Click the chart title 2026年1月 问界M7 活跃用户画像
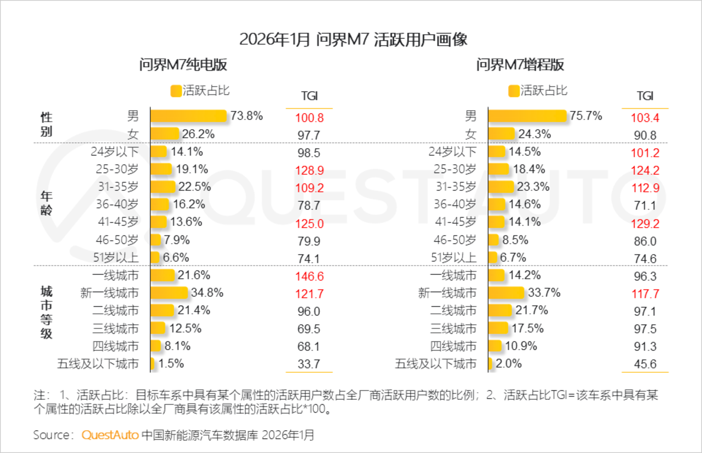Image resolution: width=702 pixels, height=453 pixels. point(353,40)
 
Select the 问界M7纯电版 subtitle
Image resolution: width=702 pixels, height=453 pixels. point(183,65)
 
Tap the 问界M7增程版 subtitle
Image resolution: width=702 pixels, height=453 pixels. point(520,65)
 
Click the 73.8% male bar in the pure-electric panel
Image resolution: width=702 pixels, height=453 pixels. point(188,116)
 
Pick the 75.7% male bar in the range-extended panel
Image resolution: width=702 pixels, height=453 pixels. point(527,116)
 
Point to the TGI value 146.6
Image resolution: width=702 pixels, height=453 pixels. point(309,277)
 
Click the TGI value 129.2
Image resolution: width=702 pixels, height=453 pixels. point(645,224)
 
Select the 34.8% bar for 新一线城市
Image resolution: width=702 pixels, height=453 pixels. point(169,293)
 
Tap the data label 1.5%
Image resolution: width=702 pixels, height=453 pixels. point(171,363)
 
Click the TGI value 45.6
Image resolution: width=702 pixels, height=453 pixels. point(645,364)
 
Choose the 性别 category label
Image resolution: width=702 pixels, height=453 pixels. point(46,124)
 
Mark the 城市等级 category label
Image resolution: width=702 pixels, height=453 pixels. point(46,312)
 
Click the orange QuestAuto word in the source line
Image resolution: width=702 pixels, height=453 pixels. point(110,435)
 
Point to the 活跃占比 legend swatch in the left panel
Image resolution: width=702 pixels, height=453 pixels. point(176,91)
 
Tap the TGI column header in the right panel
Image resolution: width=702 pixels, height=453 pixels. point(645,96)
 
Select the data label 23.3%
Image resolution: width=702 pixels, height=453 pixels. point(533,187)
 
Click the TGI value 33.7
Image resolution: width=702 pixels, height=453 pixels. point(309,364)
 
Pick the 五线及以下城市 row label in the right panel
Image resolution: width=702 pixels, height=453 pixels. point(436,364)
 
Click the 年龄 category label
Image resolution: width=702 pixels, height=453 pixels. point(46,203)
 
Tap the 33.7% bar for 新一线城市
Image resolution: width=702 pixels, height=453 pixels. point(506,293)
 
